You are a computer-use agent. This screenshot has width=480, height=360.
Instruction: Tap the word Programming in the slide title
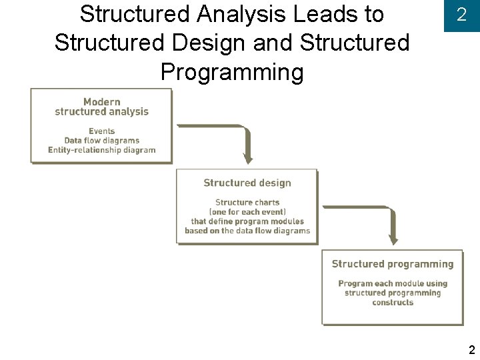coord(232,71)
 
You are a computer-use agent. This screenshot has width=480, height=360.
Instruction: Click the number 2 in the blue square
coord(461,15)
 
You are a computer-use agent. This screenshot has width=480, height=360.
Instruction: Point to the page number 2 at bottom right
coord(471,350)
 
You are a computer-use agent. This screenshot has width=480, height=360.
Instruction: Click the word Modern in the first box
coord(102,102)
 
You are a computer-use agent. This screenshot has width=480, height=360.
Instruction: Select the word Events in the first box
coord(102,131)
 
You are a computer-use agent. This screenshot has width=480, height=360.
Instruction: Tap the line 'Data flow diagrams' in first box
coord(102,141)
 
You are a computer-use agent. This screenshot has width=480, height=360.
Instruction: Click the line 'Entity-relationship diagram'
coord(102,150)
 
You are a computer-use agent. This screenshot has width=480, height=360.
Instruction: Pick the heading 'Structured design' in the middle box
coord(247,183)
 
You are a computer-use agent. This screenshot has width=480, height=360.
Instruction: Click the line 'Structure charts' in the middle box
coord(247,203)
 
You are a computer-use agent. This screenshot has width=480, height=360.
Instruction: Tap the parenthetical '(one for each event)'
coord(247,212)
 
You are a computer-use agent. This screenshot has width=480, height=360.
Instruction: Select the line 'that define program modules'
coord(247,221)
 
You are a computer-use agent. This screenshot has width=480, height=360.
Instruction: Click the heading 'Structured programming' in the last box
coord(393,264)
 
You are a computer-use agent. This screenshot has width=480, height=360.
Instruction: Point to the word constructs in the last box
coord(393,303)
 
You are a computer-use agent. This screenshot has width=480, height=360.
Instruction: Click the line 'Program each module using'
coord(393,283)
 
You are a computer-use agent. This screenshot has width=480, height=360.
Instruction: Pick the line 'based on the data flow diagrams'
coord(247,231)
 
